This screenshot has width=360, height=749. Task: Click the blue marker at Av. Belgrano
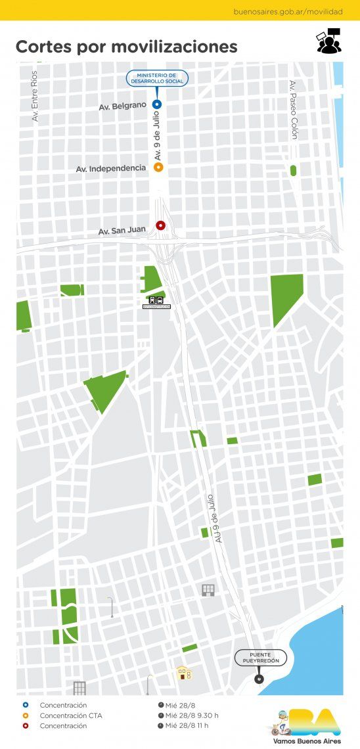[156, 104]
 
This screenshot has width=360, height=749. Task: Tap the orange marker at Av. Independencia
[158, 168]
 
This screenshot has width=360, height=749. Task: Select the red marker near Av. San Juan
[160, 225]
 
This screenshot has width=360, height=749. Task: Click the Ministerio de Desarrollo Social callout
[157, 79]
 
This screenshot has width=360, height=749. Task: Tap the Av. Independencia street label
[111, 169]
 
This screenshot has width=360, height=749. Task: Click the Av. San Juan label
[122, 231]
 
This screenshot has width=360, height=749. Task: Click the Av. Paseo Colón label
[293, 110]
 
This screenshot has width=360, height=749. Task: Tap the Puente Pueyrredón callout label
[260, 658]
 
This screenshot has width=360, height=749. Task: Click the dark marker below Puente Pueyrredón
[258, 677]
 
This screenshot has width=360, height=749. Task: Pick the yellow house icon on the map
[183, 673]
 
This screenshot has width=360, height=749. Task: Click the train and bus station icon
[157, 300]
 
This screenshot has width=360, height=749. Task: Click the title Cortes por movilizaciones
[126, 47]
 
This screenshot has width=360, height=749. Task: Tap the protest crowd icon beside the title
[328, 41]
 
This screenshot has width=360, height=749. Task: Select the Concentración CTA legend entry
[71, 715]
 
